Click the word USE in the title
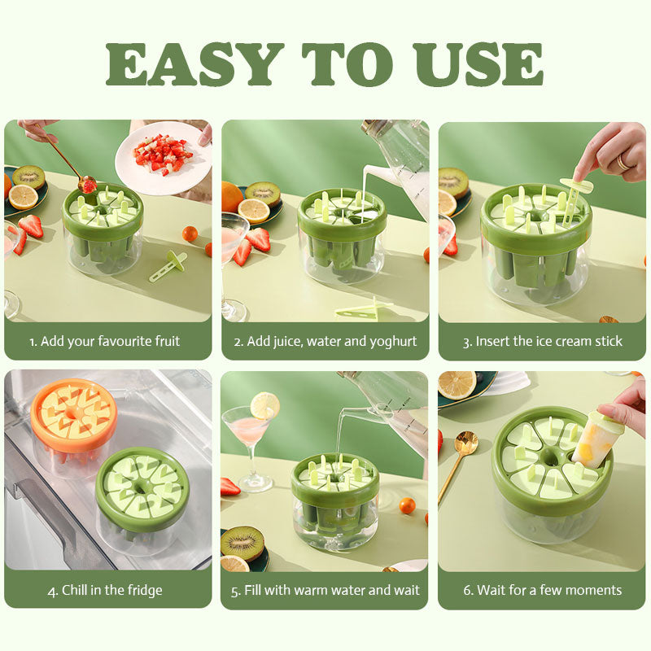478,63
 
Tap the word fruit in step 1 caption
168,341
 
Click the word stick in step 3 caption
609,341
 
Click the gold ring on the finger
623,162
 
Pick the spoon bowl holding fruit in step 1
87,185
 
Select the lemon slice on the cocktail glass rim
265,405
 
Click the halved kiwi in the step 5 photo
242,544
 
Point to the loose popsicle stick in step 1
168,266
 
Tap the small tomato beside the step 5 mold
408,505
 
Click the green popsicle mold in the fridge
142,498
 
